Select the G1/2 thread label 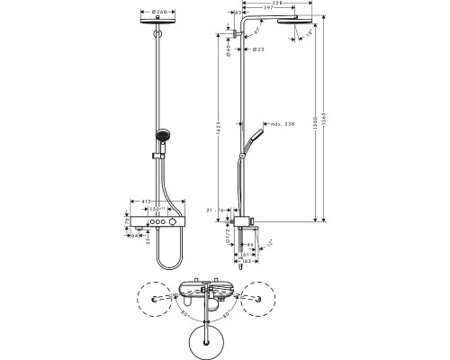pos(225,238)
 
